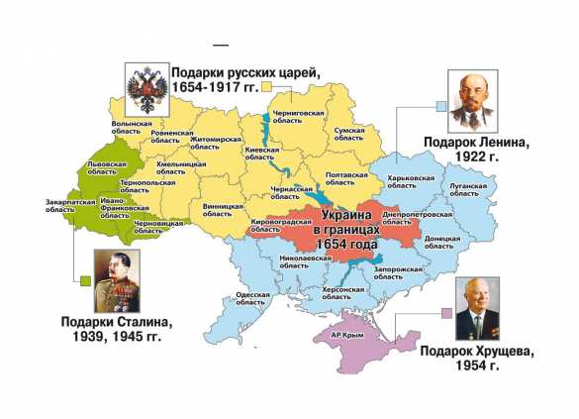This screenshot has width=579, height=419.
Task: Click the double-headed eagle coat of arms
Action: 145,85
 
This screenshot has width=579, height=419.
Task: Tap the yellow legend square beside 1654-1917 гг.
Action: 266,86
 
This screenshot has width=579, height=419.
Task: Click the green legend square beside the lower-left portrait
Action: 84,280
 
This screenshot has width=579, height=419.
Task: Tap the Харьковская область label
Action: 411,182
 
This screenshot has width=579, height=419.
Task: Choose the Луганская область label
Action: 469,189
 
